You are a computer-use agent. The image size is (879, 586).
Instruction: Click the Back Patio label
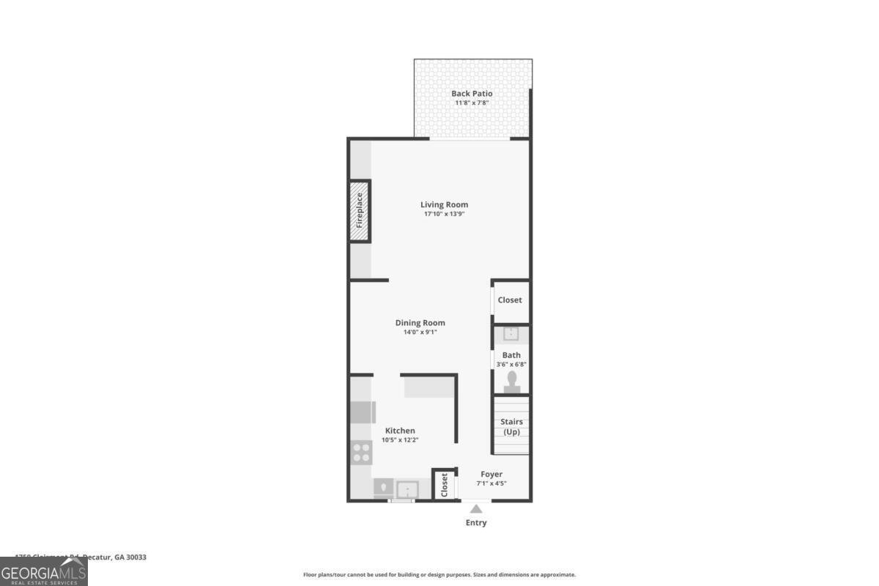472,93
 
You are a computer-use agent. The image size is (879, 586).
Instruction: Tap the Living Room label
444,204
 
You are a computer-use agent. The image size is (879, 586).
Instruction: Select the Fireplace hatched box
360,211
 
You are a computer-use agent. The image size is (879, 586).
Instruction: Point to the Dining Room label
420,322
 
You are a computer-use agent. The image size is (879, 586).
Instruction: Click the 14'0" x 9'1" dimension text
420,332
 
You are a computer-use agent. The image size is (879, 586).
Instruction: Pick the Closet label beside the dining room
510,300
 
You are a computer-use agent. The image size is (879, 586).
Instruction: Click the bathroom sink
511,334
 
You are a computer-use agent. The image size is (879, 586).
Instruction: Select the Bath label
511,355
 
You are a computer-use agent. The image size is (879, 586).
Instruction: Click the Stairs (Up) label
511,426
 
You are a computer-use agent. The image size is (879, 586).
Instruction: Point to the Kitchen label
400,431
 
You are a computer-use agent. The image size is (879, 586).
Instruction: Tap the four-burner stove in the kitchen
361,451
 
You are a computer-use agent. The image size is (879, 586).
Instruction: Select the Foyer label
492,474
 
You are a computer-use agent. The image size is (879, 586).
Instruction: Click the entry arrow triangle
476,508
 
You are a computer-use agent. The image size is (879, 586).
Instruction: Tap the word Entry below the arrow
476,522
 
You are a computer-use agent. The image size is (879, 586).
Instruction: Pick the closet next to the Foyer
444,484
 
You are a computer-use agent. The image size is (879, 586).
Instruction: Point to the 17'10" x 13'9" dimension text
444,214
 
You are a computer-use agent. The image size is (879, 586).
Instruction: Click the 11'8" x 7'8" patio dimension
472,103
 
